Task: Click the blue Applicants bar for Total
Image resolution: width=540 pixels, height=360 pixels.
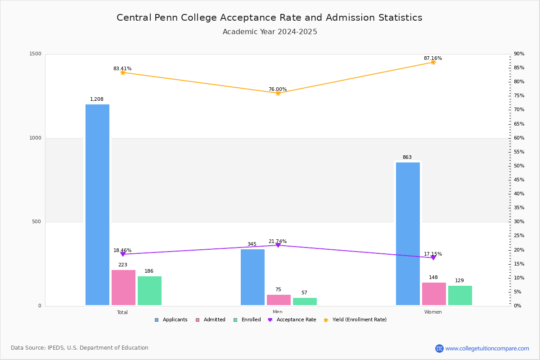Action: [97, 205]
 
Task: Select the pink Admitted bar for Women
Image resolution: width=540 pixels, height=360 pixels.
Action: [434, 294]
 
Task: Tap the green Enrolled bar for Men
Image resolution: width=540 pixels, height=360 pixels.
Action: [305, 301]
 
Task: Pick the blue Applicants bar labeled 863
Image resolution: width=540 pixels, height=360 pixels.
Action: [408, 234]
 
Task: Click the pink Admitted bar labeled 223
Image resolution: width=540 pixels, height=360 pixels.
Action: [123, 288]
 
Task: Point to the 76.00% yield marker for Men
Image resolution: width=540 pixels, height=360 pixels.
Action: [278, 93]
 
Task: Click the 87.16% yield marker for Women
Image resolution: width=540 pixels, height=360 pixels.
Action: [433, 62]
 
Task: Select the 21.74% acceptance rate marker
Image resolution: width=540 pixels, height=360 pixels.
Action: [278, 245]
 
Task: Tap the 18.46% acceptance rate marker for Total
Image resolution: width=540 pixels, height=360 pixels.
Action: [122, 254]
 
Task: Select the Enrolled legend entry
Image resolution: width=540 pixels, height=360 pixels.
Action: [247, 320]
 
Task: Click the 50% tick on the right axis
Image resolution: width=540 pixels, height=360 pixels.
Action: [519, 166]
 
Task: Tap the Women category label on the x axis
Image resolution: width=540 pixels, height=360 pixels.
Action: [433, 312]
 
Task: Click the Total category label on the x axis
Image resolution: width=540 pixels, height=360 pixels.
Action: [122, 312]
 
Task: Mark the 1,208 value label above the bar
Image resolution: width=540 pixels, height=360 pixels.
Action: [97, 99]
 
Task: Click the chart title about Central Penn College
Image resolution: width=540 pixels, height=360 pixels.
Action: [270, 18]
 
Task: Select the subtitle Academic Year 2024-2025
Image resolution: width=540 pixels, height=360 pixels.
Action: [270, 32]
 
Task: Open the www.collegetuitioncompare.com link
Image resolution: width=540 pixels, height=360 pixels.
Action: [487, 348]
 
